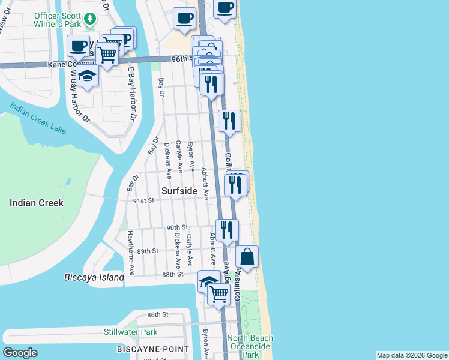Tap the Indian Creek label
click(37, 203)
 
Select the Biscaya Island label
click(94, 277)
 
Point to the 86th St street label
click(158, 314)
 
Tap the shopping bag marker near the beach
click(247, 257)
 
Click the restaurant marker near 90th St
click(227, 230)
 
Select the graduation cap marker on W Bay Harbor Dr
click(88, 76)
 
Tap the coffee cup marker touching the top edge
click(224, 8)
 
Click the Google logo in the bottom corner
click(20, 353)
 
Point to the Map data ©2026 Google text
click(412, 355)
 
